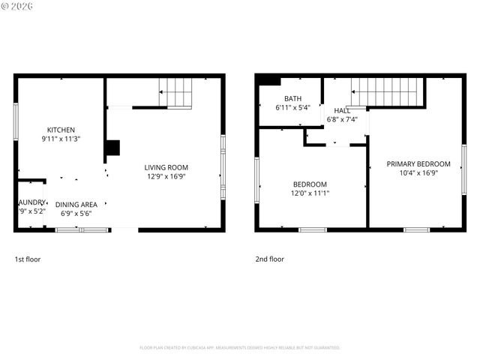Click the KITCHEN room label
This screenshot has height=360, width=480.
tap(61, 130)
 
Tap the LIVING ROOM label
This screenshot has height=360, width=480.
tap(166, 167)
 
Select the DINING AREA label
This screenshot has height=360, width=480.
tap(76, 204)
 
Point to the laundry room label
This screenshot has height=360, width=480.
tap(31, 202)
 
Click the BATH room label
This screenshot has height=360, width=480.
tap(292, 99)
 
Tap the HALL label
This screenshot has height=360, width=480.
tap(342, 111)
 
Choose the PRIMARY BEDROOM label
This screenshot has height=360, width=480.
tap(418, 164)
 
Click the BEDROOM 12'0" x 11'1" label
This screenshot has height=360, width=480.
tap(310, 184)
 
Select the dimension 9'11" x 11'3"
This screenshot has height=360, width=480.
tap(61, 139)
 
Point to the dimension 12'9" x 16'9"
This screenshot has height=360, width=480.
tap(166, 176)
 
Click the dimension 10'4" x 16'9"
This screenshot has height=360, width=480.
tap(418, 173)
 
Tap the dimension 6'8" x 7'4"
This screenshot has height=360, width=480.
tap(342, 119)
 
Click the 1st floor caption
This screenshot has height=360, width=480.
tap(28, 259)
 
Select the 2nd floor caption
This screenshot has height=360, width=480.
tap(269, 259)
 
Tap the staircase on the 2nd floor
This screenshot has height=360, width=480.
tap(388, 91)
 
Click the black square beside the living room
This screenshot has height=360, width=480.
tap(112, 148)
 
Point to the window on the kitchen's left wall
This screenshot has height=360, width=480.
tap(16, 121)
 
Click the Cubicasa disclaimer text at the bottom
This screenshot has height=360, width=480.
tap(240, 348)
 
